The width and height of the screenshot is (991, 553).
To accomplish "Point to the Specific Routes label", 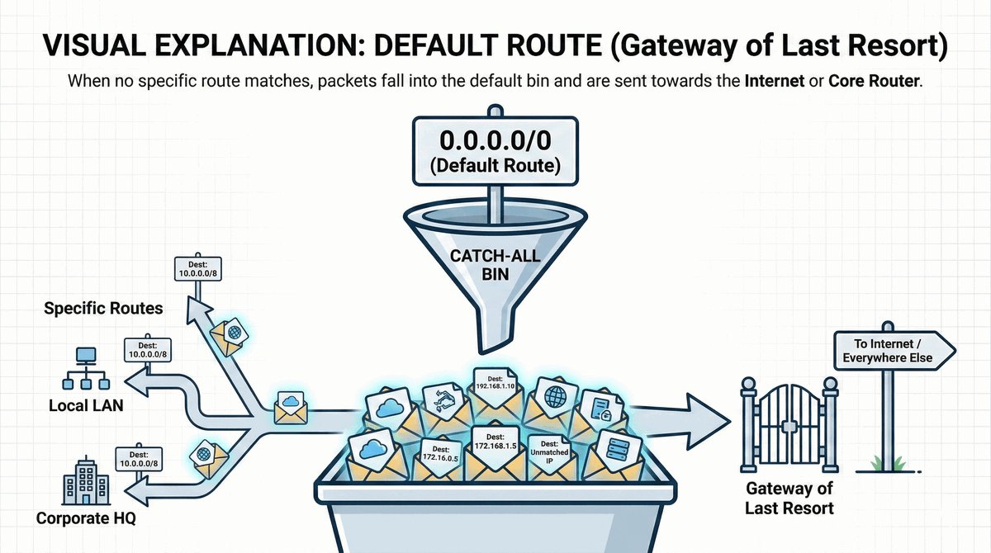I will click(103, 310).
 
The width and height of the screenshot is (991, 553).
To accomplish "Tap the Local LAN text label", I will click(81, 406).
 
